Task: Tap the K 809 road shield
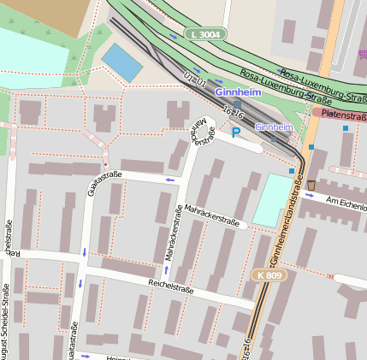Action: (268, 275)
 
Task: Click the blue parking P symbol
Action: (235, 133)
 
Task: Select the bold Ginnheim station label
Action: (239, 91)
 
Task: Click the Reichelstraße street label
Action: (171, 290)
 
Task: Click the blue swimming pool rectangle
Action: (122, 62)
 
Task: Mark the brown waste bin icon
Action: (311, 185)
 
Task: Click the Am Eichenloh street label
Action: (346, 201)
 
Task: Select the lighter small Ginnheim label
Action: (274, 127)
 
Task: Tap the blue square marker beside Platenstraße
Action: (346, 129)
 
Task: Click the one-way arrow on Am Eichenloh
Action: (309, 195)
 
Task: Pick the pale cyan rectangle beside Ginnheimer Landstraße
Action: (271, 199)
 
